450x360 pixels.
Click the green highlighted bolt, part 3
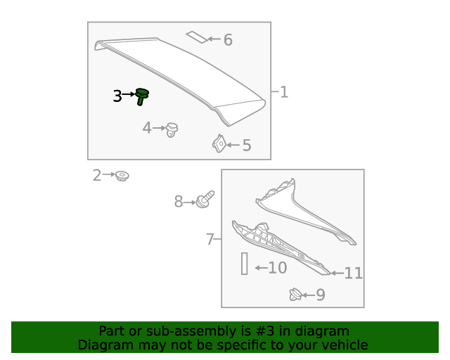[x=142, y=96]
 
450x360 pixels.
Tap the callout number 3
[x=117, y=96]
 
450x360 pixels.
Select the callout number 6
[x=228, y=40]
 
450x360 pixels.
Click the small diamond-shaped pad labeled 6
[x=197, y=36]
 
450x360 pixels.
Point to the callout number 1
[x=283, y=92]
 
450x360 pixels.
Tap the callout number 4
[x=147, y=128]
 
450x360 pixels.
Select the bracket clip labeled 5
[x=219, y=144]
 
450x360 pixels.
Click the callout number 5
[x=247, y=146]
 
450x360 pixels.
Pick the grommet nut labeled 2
[x=123, y=175]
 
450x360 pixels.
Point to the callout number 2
[x=97, y=175]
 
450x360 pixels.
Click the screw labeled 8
[x=205, y=200]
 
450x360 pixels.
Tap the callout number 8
[x=179, y=202]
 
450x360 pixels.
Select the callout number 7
[x=210, y=240]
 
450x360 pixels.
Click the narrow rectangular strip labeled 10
[x=245, y=264]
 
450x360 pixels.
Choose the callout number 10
[x=277, y=268]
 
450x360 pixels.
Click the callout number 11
[x=353, y=273]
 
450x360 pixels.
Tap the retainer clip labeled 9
[x=296, y=295]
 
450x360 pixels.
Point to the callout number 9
[x=321, y=295]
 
